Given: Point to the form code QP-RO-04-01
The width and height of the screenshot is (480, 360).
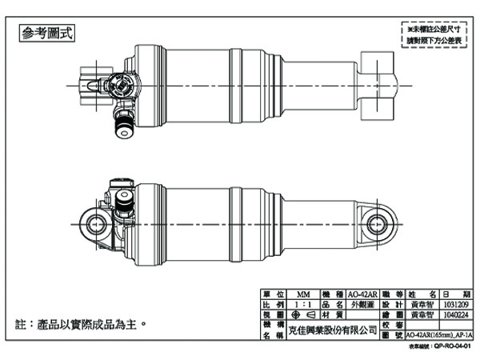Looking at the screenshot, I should pyautogui.click(x=448, y=349).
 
